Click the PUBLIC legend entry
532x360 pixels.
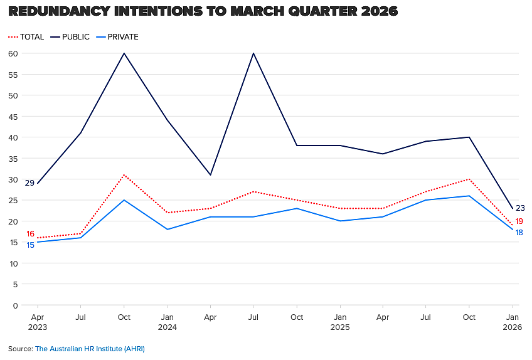click(x=70, y=36)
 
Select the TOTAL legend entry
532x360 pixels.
click(x=26, y=36)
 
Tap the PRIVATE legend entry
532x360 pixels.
click(x=117, y=36)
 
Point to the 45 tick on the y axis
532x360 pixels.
click(x=13, y=117)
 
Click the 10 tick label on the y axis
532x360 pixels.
click(x=14, y=263)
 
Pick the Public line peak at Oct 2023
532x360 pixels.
click(x=124, y=53)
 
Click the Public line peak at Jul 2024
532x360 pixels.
click(x=253, y=53)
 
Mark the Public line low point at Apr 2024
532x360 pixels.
click(x=210, y=175)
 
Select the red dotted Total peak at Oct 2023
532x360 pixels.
click(x=124, y=175)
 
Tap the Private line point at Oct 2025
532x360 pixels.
click(x=469, y=196)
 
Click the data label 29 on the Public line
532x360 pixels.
click(x=30, y=183)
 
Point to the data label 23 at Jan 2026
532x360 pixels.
click(x=520, y=208)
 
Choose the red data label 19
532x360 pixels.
click(x=519, y=221)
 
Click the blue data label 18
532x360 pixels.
click(x=519, y=233)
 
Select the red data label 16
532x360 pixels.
click(x=31, y=234)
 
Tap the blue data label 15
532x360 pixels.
click(x=31, y=245)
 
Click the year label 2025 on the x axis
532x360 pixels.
click(x=340, y=327)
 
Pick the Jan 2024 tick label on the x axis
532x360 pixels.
click(x=168, y=322)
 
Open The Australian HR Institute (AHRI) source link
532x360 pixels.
click(x=90, y=349)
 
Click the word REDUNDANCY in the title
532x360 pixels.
click(x=60, y=11)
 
